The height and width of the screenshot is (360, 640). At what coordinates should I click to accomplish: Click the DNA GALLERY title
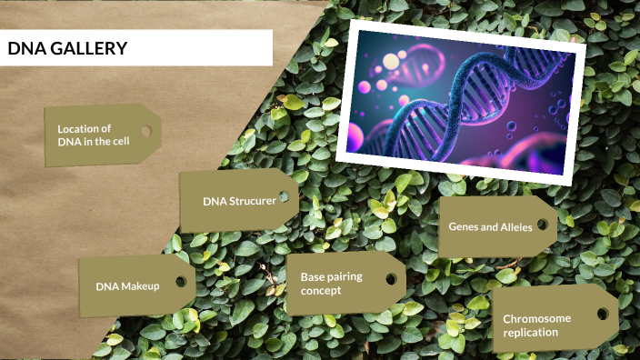[x=67, y=48]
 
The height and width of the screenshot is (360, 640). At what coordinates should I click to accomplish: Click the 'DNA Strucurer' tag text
[x=239, y=200]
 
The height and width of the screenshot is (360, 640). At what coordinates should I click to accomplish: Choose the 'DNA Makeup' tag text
[x=127, y=285]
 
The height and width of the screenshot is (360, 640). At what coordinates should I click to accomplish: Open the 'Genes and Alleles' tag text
[x=491, y=226]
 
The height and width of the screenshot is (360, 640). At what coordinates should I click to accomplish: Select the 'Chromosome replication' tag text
[x=537, y=325]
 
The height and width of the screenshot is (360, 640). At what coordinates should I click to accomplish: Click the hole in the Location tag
[x=145, y=132]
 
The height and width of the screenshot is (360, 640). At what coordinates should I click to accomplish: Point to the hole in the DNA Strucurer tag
[x=284, y=196]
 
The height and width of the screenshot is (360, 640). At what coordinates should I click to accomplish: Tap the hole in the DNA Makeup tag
[x=180, y=281]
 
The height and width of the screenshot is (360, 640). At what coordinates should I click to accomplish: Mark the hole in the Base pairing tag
[x=391, y=278]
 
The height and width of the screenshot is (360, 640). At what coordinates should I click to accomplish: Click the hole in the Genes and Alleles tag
[x=542, y=224]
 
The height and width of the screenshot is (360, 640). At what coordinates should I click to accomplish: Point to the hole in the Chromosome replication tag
[x=602, y=314]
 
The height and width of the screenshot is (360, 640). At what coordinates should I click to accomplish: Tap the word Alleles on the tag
[x=516, y=226]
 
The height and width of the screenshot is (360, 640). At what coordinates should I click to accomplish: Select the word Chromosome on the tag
[x=537, y=319]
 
